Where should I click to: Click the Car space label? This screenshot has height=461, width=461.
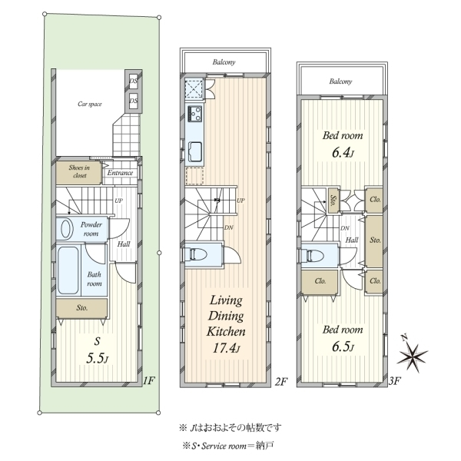(x=90, y=104)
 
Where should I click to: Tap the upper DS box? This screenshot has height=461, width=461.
(x=134, y=80)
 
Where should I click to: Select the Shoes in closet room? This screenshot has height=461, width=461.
(x=79, y=172)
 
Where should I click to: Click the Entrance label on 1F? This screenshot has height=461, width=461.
(x=120, y=173)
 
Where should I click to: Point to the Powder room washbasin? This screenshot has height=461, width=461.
(x=66, y=229)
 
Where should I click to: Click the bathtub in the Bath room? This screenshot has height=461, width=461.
(x=68, y=270)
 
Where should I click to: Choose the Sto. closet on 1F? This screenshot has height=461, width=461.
(x=81, y=308)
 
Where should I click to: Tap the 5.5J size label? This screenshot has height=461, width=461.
(x=98, y=358)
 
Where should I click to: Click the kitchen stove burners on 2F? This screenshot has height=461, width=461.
(x=195, y=113)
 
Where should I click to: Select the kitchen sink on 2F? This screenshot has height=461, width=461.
(x=195, y=151)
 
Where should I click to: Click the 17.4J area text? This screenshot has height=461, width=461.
(x=226, y=348)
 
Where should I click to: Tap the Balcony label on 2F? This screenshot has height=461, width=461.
(x=224, y=62)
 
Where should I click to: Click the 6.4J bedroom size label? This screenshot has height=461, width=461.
(x=343, y=153)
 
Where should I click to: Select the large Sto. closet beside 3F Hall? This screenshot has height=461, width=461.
(x=374, y=241)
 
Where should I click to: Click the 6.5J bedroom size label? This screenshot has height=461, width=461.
(x=343, y=347)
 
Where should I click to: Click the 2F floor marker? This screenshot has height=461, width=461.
(x=280, y=381)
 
